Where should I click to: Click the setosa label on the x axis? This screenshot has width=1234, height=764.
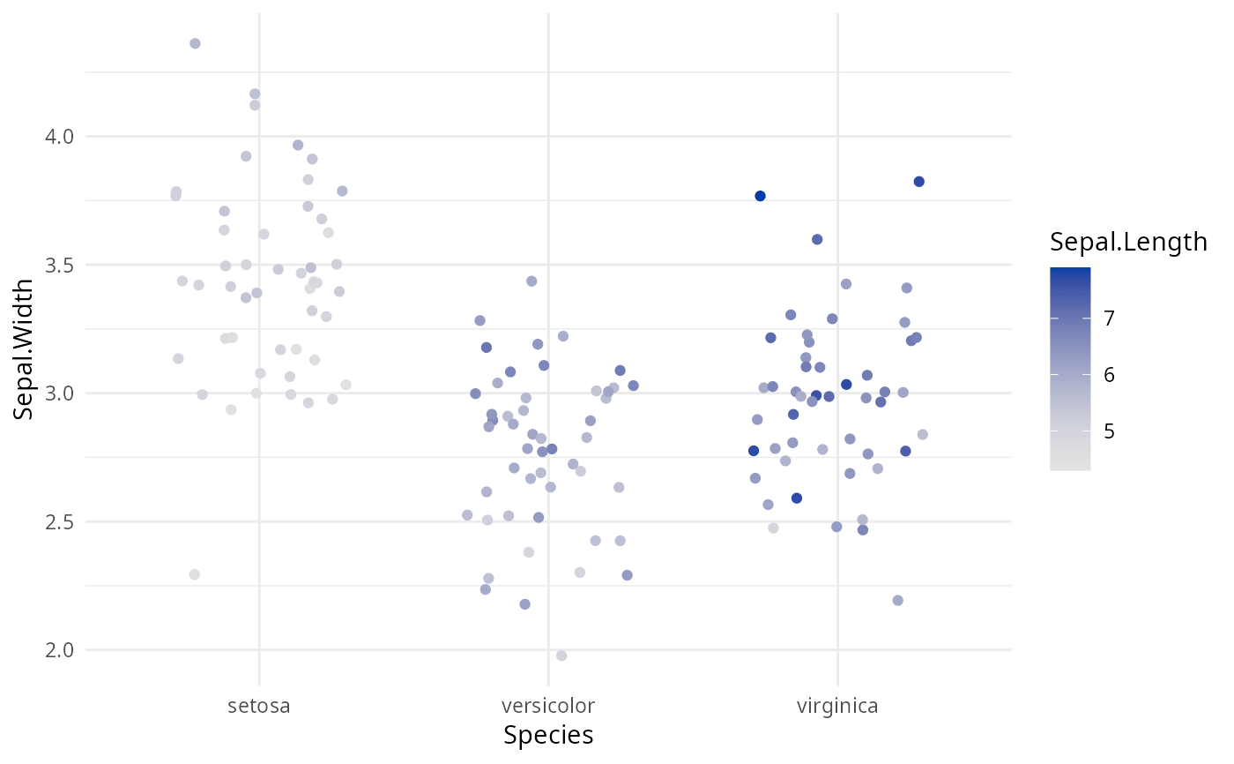pyautogui.click(x=259, y=706)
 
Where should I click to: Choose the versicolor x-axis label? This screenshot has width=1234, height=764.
pyautogui.click(x=548, y=706)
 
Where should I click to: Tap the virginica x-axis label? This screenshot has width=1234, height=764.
pyautogui.click(x=837, y=706)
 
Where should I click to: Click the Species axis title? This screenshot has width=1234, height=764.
pyautogui.click(x=548, y=736)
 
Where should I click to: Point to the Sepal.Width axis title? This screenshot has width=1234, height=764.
pyautogui.click(x=26, y=349)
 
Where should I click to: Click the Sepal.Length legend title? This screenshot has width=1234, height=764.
pyautogui.click(x=1128, y=242)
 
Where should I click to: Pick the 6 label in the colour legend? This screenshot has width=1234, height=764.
pyautogui.click(x=1109, y=375)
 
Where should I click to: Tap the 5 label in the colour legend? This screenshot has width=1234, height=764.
pyautogui.click(x=1109, y=431)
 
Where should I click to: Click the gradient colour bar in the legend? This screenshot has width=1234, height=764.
pyautogui.click(x=1070, y=369)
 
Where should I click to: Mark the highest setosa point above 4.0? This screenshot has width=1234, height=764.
pyautogui.click(x=195, y=43)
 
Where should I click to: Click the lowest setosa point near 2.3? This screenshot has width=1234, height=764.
pyautogui.click(x=194, y=574)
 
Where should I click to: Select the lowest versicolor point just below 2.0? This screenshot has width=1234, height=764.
pyautogui.click(x=561, y=655)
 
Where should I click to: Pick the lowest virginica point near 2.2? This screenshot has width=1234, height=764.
pyautogui.click(x=897, y=601)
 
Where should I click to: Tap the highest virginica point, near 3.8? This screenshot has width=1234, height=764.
pyautogui.click(x=918, y=182)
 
